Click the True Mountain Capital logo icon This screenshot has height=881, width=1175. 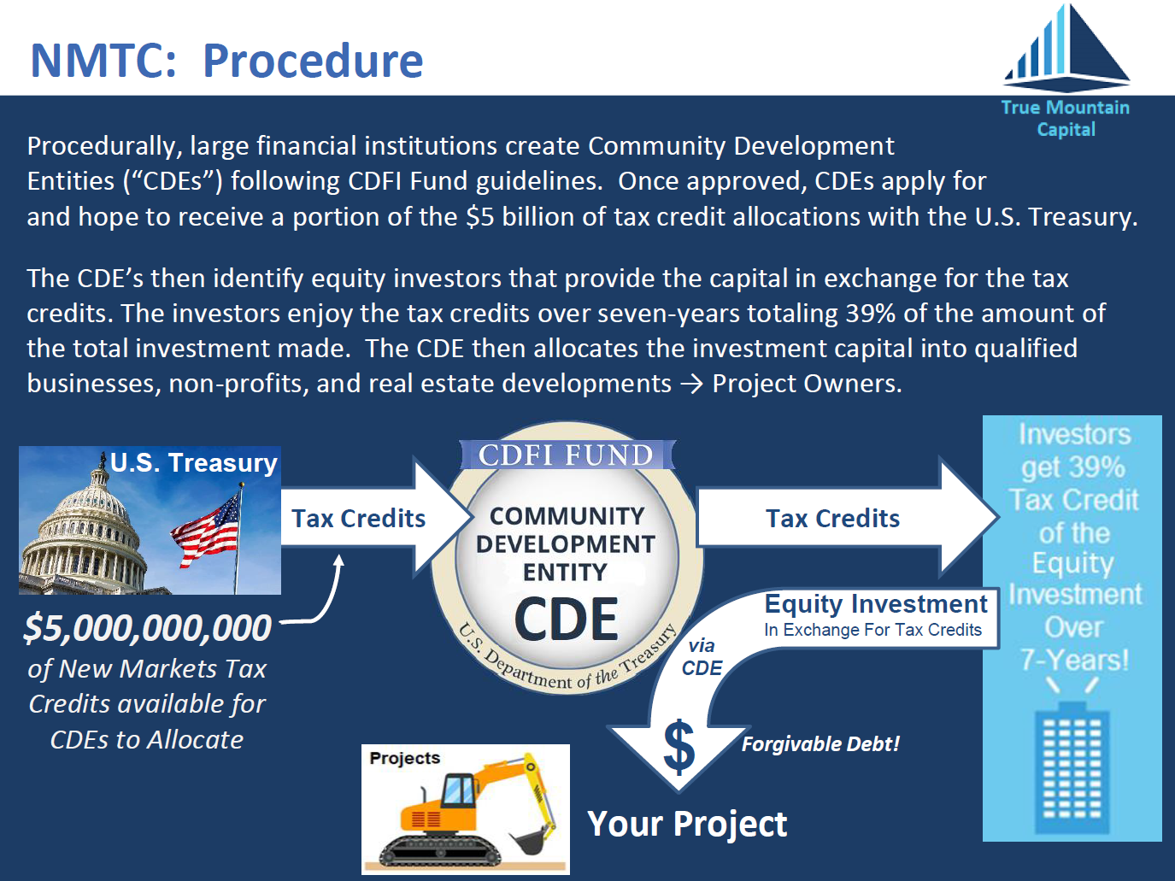pyautogui.click(x=1066, y=48)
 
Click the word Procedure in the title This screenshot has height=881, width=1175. pyautogui.click(x=313, y=61)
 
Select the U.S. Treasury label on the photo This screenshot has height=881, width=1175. pyautogui.click(x=194, y=462)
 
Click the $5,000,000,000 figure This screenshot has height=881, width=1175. pyautogui.click(x=148, y=627)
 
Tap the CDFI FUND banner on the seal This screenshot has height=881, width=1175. pyautogui.click(x=567, y=455)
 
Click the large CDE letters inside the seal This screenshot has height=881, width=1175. pyautogui.click(x=566, y=620)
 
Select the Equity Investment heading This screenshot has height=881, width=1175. pyautogui.click(x=876, y=604)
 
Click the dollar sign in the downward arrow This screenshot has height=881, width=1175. pyautogui.click(x=679, y=747)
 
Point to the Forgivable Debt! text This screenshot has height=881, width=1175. pyautogui.click(x=820, y=744)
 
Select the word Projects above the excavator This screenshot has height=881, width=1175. pyautogui.click(x=405, y=758)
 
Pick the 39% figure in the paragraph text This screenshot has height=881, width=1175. pyautogui.click(x=871, y=314)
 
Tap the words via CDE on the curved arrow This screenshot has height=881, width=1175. pyautogui.click(x=702, y=657)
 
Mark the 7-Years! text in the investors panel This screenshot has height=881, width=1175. pyautogui.click(x=1074, y=660)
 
